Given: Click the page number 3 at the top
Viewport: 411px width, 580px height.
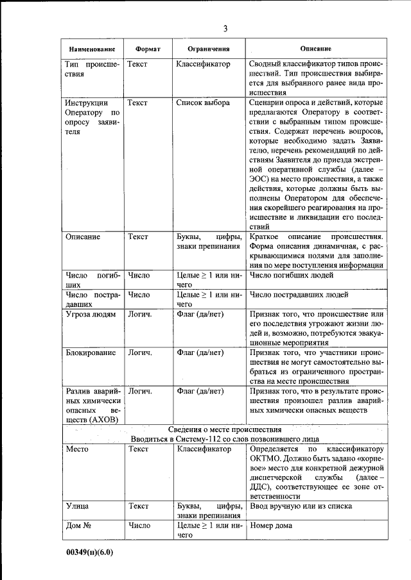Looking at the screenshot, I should tap(225, 28).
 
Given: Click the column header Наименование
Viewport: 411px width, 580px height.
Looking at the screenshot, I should tap(92, 49).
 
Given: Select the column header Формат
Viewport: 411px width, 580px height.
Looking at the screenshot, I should tap(148, 49).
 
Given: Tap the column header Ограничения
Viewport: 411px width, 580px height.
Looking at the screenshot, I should tap(209, 49).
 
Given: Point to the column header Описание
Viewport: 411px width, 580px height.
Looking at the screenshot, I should tap(316, 49).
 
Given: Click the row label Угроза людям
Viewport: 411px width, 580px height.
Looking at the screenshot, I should tap(91, 315).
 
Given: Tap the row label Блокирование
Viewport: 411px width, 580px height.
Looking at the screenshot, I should tap(91, 352).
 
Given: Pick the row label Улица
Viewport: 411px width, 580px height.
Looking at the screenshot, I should tap(78, 506).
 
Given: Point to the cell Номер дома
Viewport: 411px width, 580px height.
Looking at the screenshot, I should tap(271, 526).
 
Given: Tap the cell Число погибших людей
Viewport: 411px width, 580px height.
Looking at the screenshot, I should tap(292, 275).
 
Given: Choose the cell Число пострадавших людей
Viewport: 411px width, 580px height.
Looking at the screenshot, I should tap(299, 295).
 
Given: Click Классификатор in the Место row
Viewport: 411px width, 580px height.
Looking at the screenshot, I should tap(204, 449).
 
